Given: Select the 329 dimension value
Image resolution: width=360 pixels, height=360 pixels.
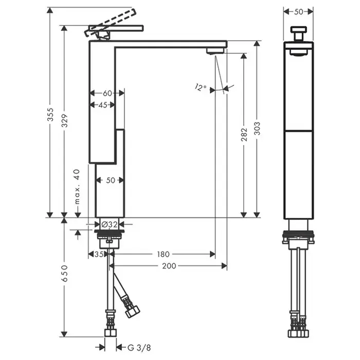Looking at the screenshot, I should pyautogui.click(x=65, y=120).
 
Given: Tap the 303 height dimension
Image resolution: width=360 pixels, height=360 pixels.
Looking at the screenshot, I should pyautogui.click(x=257, y=128).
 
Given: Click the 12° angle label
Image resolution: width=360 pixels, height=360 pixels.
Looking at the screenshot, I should pyautogui.click(x=201, y=87).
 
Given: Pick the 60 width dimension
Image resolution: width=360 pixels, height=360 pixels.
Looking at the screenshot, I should pyautogui.click(x=107, y=93).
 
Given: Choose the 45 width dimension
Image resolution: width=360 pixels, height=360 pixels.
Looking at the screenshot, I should pyautogui.click(x=103, y=105).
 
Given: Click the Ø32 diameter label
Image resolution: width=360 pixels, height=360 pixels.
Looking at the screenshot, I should pyautogui.click(x=110, y=224).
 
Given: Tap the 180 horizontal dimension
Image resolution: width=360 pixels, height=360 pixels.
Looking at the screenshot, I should pyautogui.click(x=163, y=254).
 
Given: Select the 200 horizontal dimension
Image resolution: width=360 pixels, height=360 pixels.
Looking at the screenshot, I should pyautogui.click(x=169, y=265).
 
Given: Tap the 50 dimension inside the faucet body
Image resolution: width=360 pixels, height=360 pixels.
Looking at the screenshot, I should pyautogui.click(x=110, y=180).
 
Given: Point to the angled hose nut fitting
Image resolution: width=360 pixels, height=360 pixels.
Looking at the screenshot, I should pyautogui.click(x=132, y=311).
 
